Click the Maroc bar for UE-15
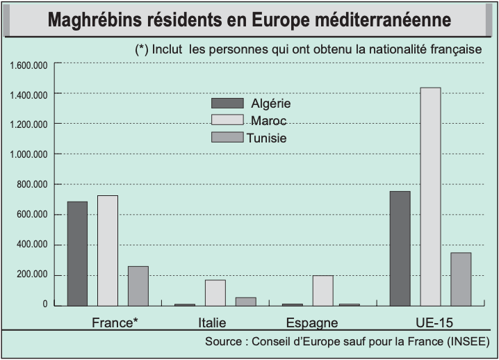point(431,197)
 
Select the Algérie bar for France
point(77,254)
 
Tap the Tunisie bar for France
point(138,286)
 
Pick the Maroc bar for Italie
point(215,293)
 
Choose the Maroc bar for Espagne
point(323,291)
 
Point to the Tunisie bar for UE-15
point(461,279)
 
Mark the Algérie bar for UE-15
point(400,249)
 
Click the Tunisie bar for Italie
point(246,302)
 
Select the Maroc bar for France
point(108,251)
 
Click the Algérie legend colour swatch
point(227,103)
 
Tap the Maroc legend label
point(268,121)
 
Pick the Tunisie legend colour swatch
point(227,137)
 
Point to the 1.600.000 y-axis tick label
point(28,65)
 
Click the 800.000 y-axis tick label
point(32,184)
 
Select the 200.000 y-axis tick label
point(32,275)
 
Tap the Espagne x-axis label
point(312,322)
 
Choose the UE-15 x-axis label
point(434,322)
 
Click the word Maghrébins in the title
point(95,19)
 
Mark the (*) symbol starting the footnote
point(142,49)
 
